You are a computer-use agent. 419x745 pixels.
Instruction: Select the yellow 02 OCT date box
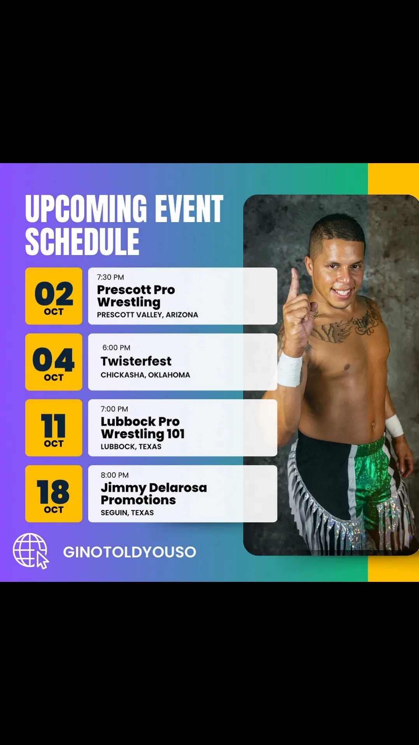click(54, 296)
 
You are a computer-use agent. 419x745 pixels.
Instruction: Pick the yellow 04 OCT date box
click(54, 362)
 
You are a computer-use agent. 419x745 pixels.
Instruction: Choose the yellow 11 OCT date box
click(54, 428)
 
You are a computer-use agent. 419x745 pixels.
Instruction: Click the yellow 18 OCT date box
click(54, 494)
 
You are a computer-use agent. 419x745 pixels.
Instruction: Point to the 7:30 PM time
click(110, 277)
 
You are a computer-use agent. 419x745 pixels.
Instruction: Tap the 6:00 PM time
click(116, 348)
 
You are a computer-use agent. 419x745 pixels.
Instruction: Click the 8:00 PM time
click(115, 475)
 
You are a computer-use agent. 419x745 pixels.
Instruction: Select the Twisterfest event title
click(136, 361)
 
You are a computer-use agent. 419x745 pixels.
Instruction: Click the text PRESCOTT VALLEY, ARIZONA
click(147, 315)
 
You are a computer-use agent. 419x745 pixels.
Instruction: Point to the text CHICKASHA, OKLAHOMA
click(145, 375)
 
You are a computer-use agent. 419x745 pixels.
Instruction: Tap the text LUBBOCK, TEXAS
click(131, 447)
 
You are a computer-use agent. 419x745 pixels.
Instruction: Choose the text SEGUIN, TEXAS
click(127, 513)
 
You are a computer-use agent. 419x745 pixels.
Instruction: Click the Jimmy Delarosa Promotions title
click(154, 494)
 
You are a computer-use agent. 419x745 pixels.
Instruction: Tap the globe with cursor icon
click(31, 551)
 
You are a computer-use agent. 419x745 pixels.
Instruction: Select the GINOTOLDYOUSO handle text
click(129, 552)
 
